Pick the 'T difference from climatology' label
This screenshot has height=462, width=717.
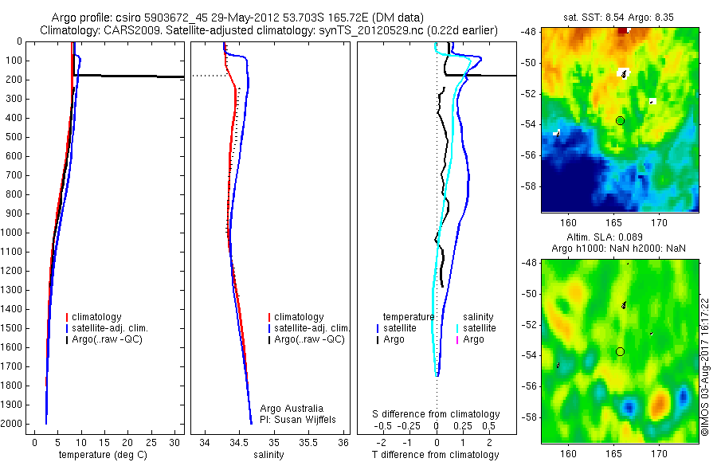point(436,455)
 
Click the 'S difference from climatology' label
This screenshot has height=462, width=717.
point(437,414)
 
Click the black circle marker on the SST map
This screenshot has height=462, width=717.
point(620,120)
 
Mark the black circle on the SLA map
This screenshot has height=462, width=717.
point(620,351)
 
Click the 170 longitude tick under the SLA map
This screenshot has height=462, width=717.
point(659,453)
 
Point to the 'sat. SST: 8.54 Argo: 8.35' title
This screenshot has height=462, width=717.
point(619,17)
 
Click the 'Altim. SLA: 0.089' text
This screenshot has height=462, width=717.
point(619,239)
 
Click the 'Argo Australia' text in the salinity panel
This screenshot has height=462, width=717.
point(292,409)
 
